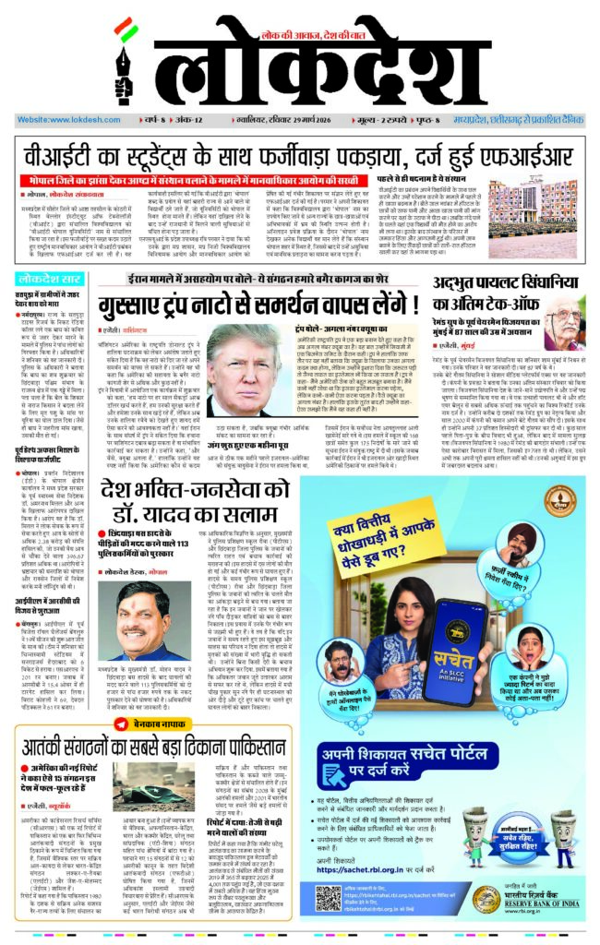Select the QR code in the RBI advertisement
pos(329,899)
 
